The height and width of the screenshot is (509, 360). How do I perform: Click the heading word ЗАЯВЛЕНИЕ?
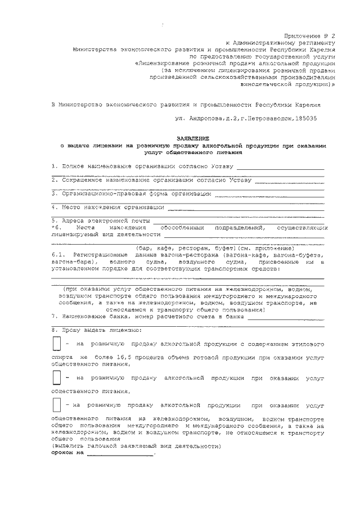coord(193,137)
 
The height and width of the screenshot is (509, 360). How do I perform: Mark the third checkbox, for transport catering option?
coord(56,405)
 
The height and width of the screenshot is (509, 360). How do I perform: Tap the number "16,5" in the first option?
coord(120,357)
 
